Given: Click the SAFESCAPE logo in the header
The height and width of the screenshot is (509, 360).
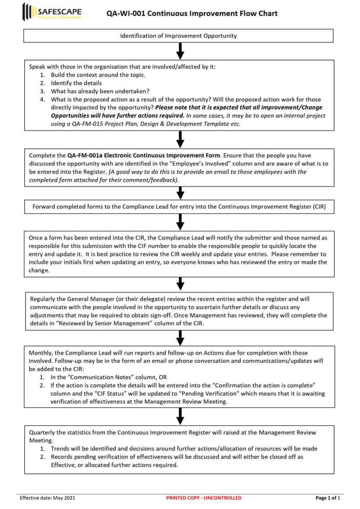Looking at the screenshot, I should [x=52, y=12].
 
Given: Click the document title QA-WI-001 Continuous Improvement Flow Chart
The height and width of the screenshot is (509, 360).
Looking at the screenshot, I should [x=192, y=13].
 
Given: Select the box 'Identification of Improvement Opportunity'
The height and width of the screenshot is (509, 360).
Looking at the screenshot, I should [x=178, y=36].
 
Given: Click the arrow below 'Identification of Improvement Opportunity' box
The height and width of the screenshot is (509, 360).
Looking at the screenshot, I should [x=180, y=51].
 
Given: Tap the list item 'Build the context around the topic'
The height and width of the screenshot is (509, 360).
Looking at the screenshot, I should [x=98, y=75].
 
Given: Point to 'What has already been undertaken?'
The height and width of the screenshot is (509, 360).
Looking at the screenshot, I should [x=100, y=91].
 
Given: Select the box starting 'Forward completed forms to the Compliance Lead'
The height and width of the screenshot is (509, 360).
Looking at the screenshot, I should [x=178, y=207].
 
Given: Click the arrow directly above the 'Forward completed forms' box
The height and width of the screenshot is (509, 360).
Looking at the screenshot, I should [x=180, y=193].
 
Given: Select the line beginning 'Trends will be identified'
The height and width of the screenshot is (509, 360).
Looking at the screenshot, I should [x=184, y=448].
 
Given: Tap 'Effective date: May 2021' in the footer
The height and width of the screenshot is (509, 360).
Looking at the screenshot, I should [x=47, y=498].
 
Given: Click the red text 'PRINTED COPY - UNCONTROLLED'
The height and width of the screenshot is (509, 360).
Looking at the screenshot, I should [x=203, y=498].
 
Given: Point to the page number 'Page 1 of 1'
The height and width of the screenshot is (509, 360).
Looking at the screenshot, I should [x=328, y=498].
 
